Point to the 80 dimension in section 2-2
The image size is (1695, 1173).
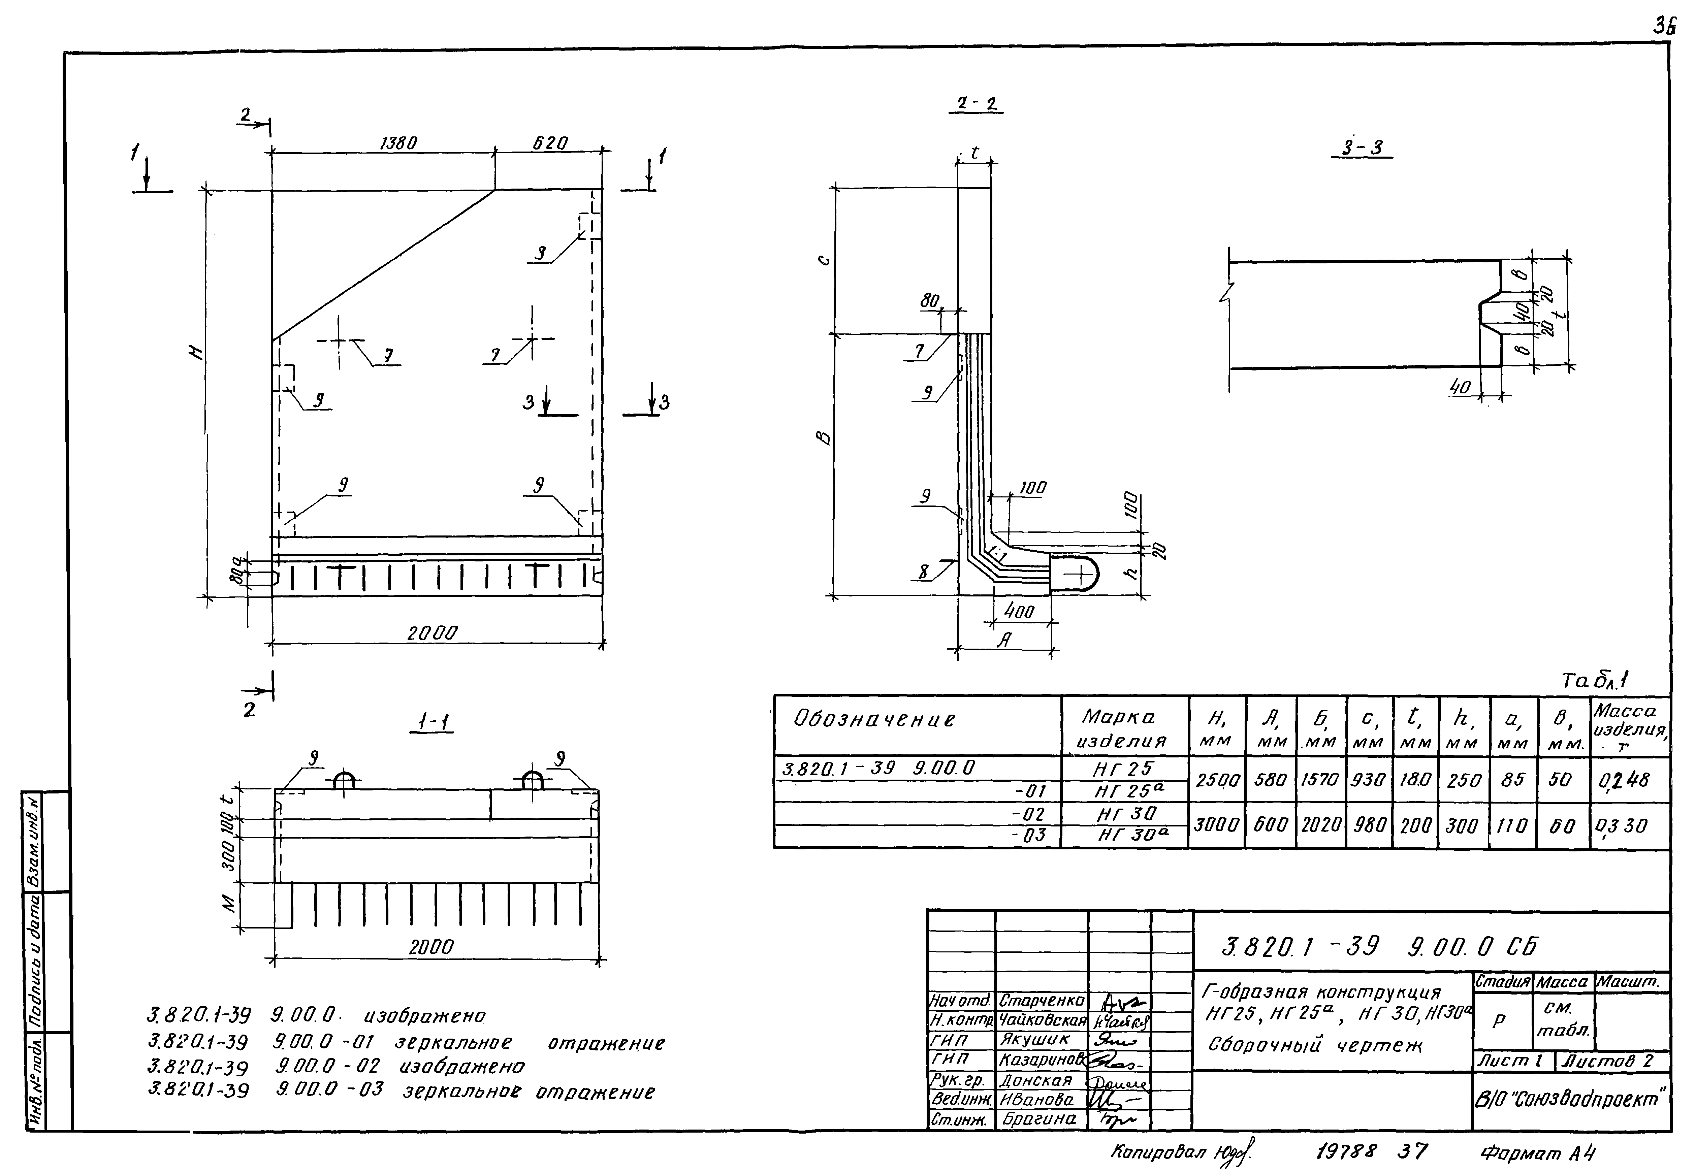tap(930, 301)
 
